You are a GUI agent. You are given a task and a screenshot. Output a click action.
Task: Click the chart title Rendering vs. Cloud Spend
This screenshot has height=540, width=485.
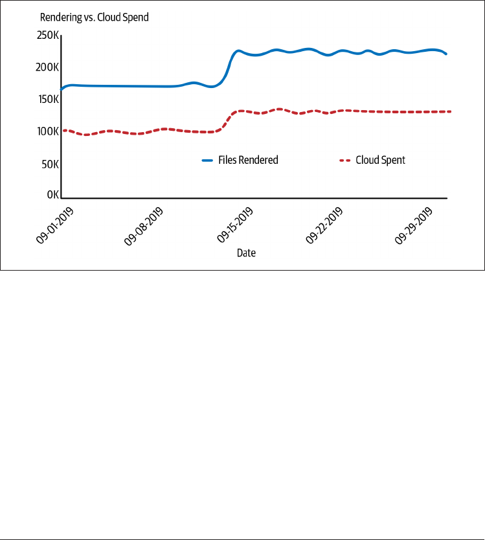[95, 17]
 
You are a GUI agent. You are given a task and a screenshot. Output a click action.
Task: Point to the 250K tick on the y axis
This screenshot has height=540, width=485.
[49, 35]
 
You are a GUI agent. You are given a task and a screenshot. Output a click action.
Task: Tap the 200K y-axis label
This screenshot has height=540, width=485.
[49, 67]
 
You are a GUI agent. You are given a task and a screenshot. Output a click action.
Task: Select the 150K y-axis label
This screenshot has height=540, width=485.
[49, 99]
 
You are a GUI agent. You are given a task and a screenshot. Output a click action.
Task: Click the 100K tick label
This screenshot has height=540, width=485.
[49, 131]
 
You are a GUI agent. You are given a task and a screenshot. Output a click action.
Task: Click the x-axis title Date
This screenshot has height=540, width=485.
[246, 253]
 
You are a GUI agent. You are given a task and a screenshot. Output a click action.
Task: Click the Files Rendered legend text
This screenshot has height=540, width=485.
[248, 160]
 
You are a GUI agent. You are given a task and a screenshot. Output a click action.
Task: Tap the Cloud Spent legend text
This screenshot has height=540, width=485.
[380, 160]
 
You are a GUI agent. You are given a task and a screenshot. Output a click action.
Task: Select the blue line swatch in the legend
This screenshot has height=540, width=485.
[208, 160]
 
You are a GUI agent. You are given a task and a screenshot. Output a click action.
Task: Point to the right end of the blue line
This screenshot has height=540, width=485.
[446, 54]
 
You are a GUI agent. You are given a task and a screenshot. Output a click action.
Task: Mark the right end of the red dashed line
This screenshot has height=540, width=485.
[449, 111]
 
